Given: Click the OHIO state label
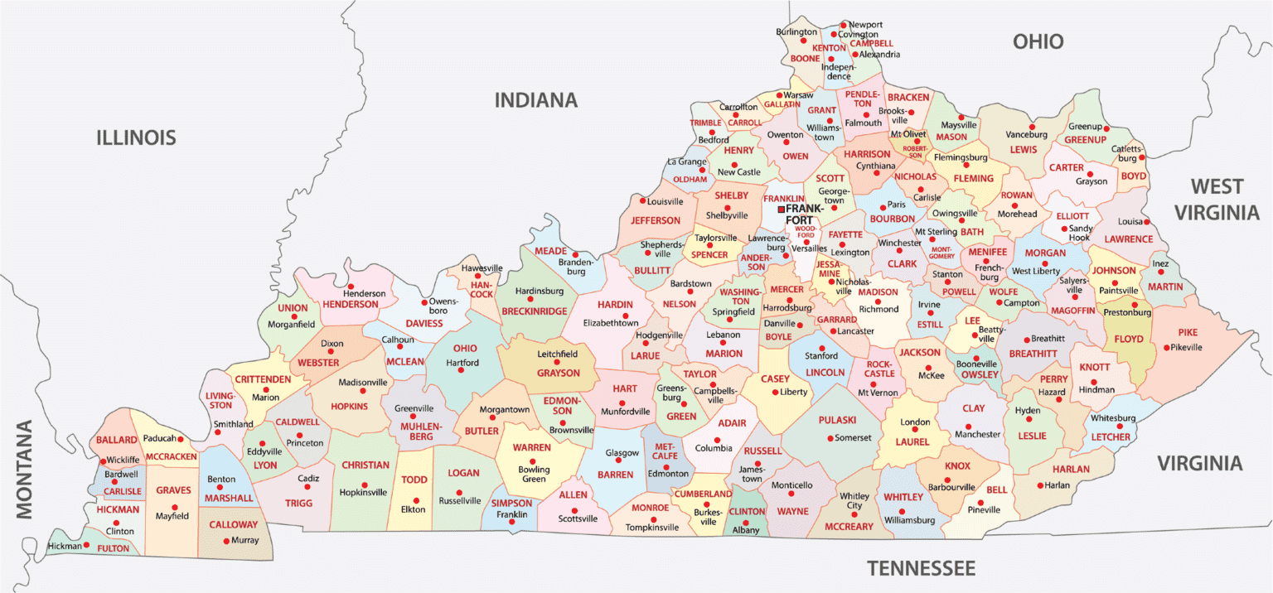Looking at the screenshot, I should coord(1038,41).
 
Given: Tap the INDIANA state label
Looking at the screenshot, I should coord(536,101).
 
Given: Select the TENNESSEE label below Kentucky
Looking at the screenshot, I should coord(921,568).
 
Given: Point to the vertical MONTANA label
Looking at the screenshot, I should coord(24,470).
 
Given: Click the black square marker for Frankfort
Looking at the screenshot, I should coord(781,210).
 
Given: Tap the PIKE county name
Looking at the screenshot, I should coord(1187,332).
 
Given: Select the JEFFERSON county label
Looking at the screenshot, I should coord(656,221).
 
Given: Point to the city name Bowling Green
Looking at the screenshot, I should coord(533,475).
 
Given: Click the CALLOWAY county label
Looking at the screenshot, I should coord(233,524).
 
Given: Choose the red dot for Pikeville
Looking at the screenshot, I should coord(1165,348).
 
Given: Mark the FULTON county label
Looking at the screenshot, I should coord(114,548).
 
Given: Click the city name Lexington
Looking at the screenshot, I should coord(850,252).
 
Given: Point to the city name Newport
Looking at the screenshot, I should coord(865,24).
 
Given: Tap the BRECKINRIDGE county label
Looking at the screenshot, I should coord(535,311).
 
